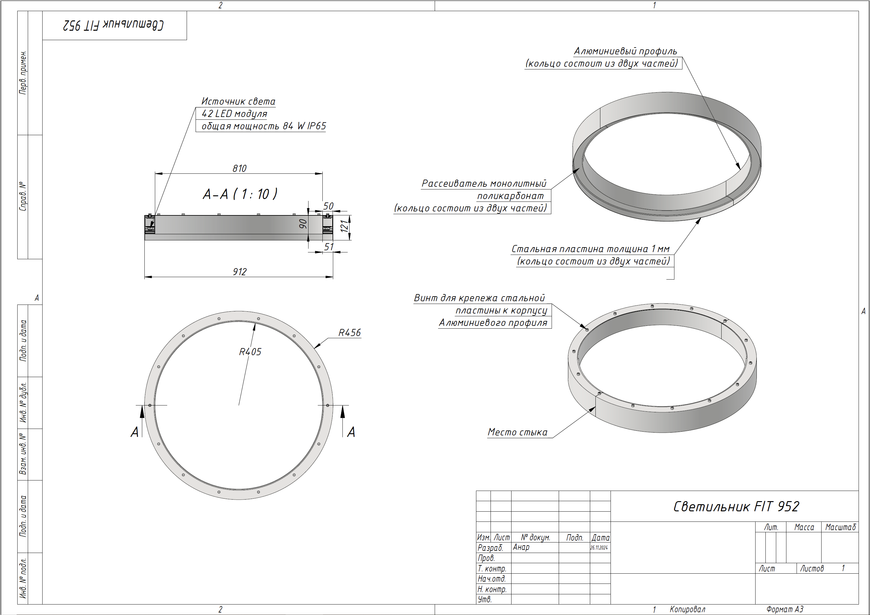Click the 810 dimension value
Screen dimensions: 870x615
(239, 168)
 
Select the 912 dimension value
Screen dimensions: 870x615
(239, 272)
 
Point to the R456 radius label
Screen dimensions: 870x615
(349, 333)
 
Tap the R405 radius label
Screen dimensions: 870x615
(250, 352)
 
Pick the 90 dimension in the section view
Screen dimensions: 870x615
(303, 224)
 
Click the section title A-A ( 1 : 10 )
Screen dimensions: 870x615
(240, 194)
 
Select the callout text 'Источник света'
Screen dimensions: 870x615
(238, 101)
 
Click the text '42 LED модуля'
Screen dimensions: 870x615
(234, 114)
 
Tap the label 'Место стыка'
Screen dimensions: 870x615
(517, 432)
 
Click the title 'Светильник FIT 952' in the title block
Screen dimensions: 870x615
(736, 507)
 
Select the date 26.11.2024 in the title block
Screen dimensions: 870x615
(599, 547)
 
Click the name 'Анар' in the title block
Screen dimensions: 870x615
(521, 547)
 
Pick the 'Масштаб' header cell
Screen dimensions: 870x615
(840, 527)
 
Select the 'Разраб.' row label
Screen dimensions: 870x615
(490, 547)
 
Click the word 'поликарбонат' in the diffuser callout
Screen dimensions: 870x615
(510, 196)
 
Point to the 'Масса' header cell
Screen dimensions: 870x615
(804, 527)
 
